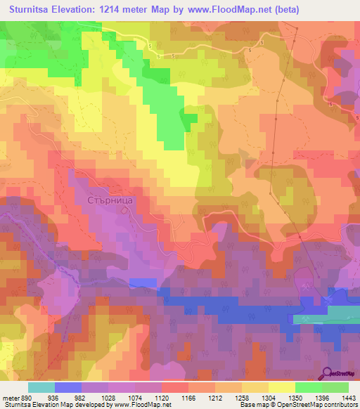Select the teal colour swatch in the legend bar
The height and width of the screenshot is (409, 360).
(x=41, y=387)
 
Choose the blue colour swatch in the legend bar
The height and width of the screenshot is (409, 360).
(x=67, y=387)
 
